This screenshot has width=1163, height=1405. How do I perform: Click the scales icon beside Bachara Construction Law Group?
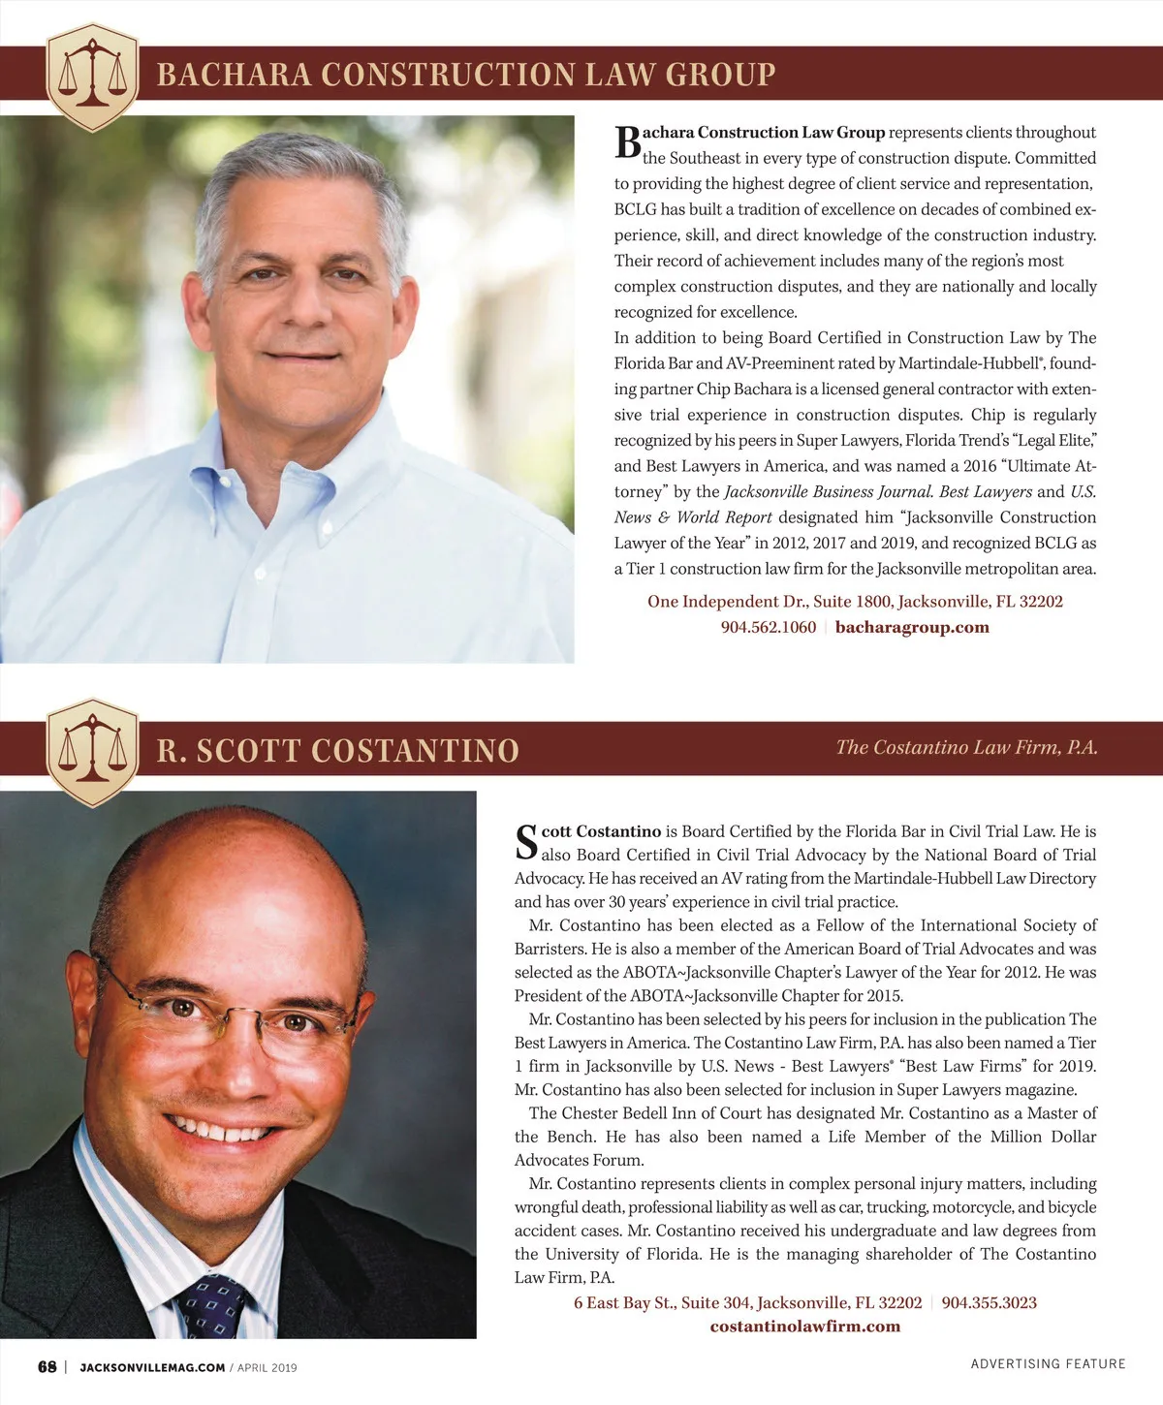[93, 77]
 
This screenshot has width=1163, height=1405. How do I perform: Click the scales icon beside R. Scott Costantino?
[93, 752]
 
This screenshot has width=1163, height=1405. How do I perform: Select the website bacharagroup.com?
[912, 627]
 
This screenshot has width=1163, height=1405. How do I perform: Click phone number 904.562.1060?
[769, 627]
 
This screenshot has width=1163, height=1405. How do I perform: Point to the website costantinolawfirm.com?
[804, 1327]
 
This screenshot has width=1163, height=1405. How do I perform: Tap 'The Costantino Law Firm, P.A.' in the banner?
[966, 747]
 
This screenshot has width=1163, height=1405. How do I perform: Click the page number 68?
[47, 1367]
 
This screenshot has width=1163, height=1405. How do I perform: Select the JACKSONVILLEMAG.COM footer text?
[152, 1368]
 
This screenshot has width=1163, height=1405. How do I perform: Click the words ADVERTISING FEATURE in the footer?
[1048, 1363]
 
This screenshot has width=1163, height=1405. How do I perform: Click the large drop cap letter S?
[526, 841]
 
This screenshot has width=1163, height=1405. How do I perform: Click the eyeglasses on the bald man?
[233, 1013]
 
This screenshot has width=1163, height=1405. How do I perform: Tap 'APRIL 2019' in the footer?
[267, 1368]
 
